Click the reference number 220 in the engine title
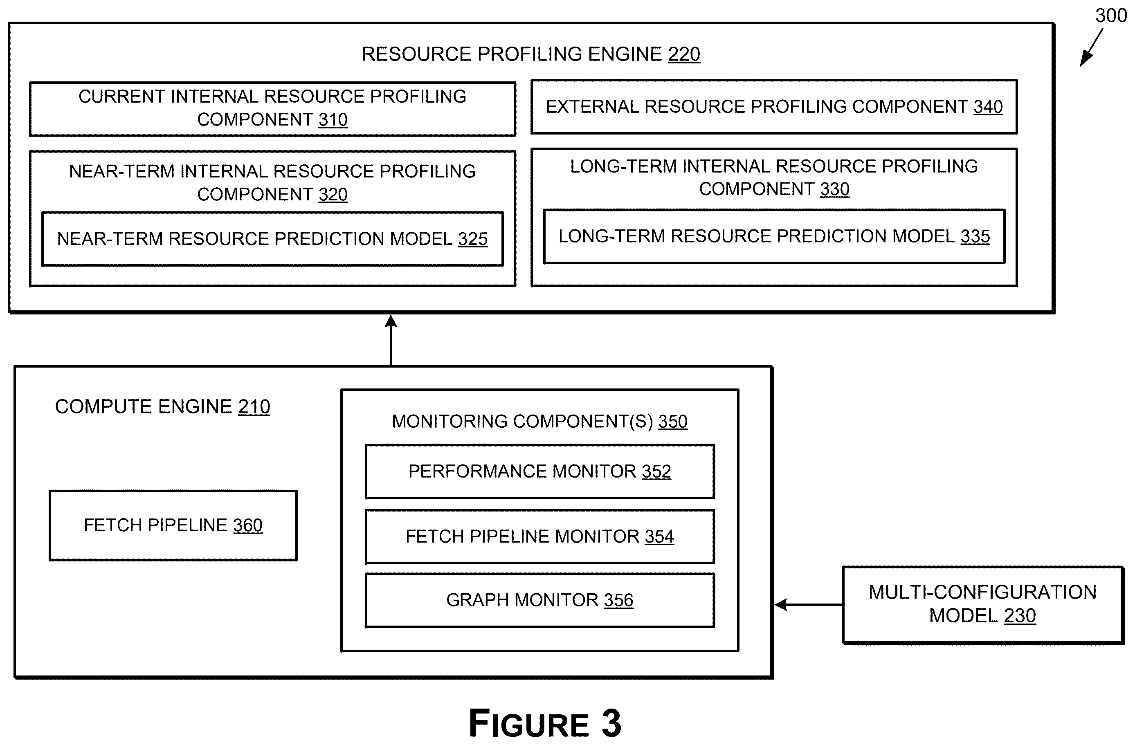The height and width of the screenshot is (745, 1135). (684, 54)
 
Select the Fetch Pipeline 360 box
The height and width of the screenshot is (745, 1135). (173, 525)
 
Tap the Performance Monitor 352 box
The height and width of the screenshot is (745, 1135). (540, 471)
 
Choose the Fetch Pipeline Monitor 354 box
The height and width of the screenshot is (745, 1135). (540, 537)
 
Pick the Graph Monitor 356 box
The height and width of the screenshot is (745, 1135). (540, 600)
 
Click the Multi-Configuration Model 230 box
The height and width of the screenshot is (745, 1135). (983, 605)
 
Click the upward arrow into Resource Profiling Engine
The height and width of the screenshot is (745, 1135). (391, 340)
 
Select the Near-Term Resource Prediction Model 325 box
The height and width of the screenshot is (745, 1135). (272, 239)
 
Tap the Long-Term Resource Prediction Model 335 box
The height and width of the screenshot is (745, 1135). (775, 236)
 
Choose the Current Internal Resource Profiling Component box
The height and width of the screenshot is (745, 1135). (272, 109)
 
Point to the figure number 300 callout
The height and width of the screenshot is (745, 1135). (1111, 16)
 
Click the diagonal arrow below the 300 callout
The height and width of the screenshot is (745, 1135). (1092, 47)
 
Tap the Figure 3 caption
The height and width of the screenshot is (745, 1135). (545, 723)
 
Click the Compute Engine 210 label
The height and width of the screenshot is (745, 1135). (163, 406)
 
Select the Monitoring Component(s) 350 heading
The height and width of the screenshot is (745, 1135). (540, 421)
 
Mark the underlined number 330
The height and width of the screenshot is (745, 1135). (834, 189)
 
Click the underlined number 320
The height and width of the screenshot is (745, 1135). (333, 195)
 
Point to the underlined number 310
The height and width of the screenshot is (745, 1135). (333, 120)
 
